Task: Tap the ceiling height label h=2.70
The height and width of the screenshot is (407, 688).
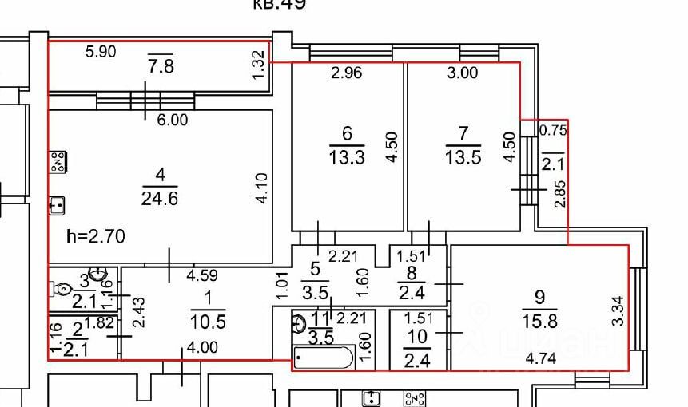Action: point(96,236)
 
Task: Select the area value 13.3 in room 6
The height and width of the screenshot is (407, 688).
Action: point(346,157)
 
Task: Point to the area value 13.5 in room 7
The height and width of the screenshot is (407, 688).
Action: point(463,157)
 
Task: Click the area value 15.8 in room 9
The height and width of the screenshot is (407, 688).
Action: point(539,320)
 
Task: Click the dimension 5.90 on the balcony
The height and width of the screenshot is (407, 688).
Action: point(101,53)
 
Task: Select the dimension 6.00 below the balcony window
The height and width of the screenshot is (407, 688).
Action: point(172,120)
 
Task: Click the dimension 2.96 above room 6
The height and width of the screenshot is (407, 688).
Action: point(347,73)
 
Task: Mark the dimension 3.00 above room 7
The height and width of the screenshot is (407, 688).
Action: point(463,73)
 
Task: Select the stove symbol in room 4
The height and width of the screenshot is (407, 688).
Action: point(58,163)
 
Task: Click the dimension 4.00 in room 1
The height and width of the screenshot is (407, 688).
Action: point(202,347)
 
